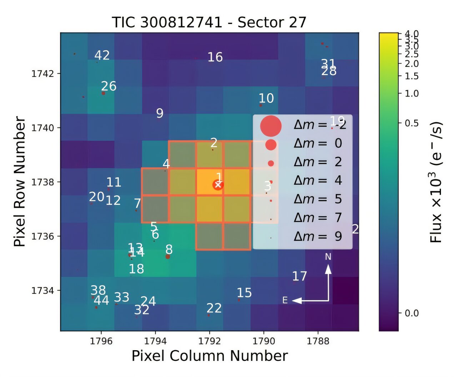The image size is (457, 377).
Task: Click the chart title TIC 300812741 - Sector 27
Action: point(209,22)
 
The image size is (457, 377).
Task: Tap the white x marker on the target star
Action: point(218,185)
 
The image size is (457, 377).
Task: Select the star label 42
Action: point(102,55)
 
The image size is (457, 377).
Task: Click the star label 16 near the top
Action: point(215,57)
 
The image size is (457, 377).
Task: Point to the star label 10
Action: point(266,98)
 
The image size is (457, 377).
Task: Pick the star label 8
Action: point(169,249)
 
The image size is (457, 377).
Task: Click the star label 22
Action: point(214,308)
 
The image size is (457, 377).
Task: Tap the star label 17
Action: point(299,276)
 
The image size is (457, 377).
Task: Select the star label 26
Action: point(109,86)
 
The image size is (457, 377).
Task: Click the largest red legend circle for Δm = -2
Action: point(271,126)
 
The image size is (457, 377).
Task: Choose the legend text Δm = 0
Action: point(318,143)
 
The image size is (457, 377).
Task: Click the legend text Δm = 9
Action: point(318,236)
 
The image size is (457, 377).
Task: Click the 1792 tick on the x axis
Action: point(209,341)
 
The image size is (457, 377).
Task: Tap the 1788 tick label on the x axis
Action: point(318,341)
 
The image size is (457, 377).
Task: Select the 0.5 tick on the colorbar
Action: point(412,123)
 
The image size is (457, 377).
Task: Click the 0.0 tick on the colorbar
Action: point(412,313)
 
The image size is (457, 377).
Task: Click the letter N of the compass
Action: point(328,257)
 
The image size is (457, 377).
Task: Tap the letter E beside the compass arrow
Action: point(285,300)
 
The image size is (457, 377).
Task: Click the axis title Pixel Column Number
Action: point(210,356)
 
